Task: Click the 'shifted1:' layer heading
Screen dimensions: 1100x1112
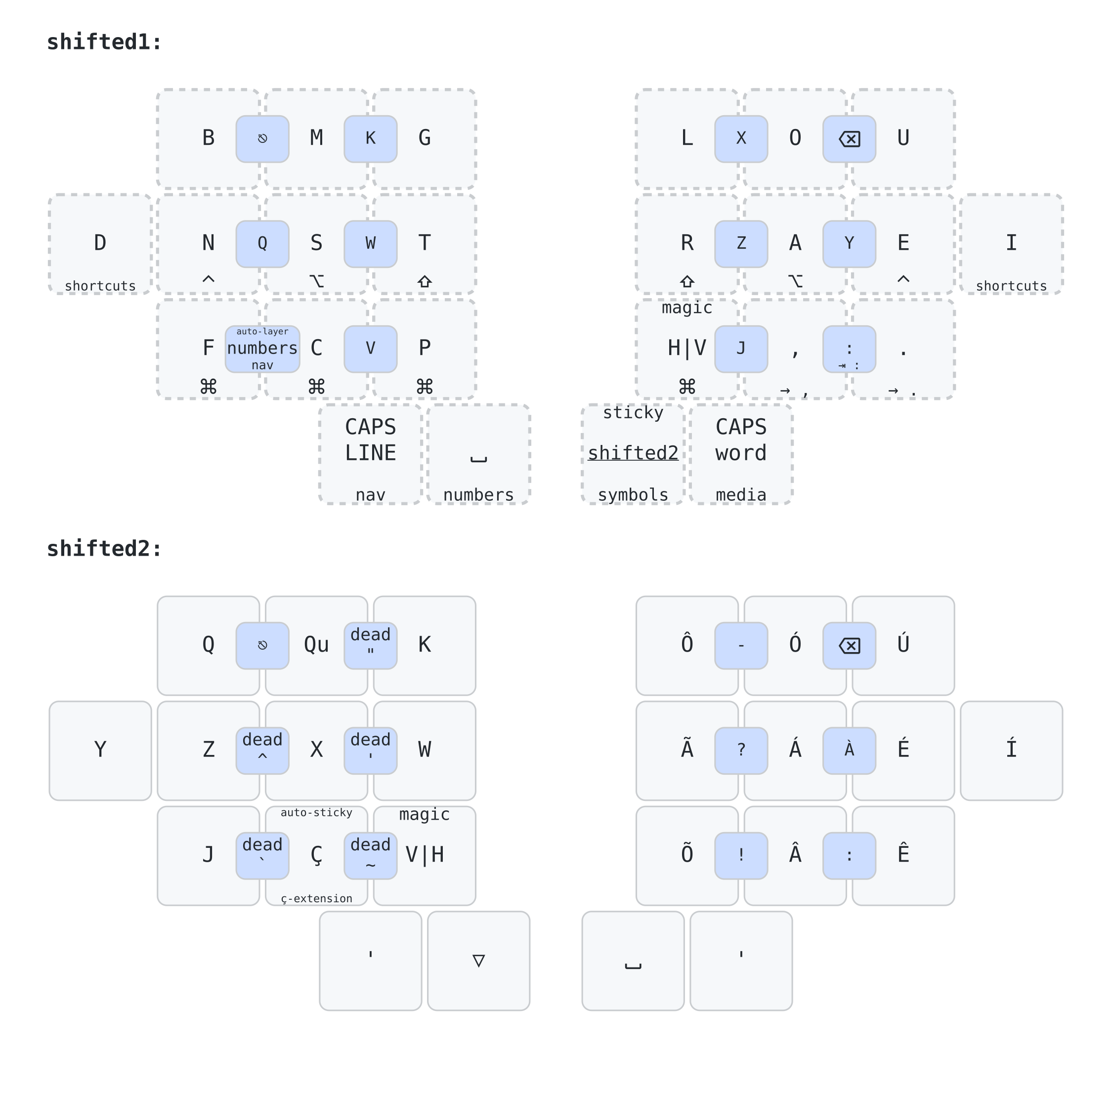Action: coord(104,42)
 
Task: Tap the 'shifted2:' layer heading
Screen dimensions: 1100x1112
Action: coord(104,549)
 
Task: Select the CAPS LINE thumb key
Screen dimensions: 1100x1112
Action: coord(370,440)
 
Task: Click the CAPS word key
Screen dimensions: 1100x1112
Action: coord(741,440)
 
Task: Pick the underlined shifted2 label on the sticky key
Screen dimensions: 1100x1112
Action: coord(633,453)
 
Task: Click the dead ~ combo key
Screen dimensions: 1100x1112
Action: coord(370,855)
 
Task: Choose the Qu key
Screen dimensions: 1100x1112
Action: coord(316,645)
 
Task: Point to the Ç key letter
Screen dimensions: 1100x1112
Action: coord(316,855)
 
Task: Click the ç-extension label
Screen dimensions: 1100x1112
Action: coord(316,898)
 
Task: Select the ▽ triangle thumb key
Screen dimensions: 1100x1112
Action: coord(478,960)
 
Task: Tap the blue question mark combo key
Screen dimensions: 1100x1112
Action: coord(741,750)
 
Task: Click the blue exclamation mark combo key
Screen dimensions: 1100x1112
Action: coord(741,855)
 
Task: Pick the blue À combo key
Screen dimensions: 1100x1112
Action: coord(849,750)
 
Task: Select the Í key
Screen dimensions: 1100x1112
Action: coord(1011,749)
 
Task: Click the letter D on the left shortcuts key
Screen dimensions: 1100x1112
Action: coord(100,243)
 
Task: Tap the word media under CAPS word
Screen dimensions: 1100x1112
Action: coord(741,495)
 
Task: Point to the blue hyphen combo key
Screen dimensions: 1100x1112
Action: coord(741,645)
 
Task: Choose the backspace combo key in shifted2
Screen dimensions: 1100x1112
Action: coord(849,645)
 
